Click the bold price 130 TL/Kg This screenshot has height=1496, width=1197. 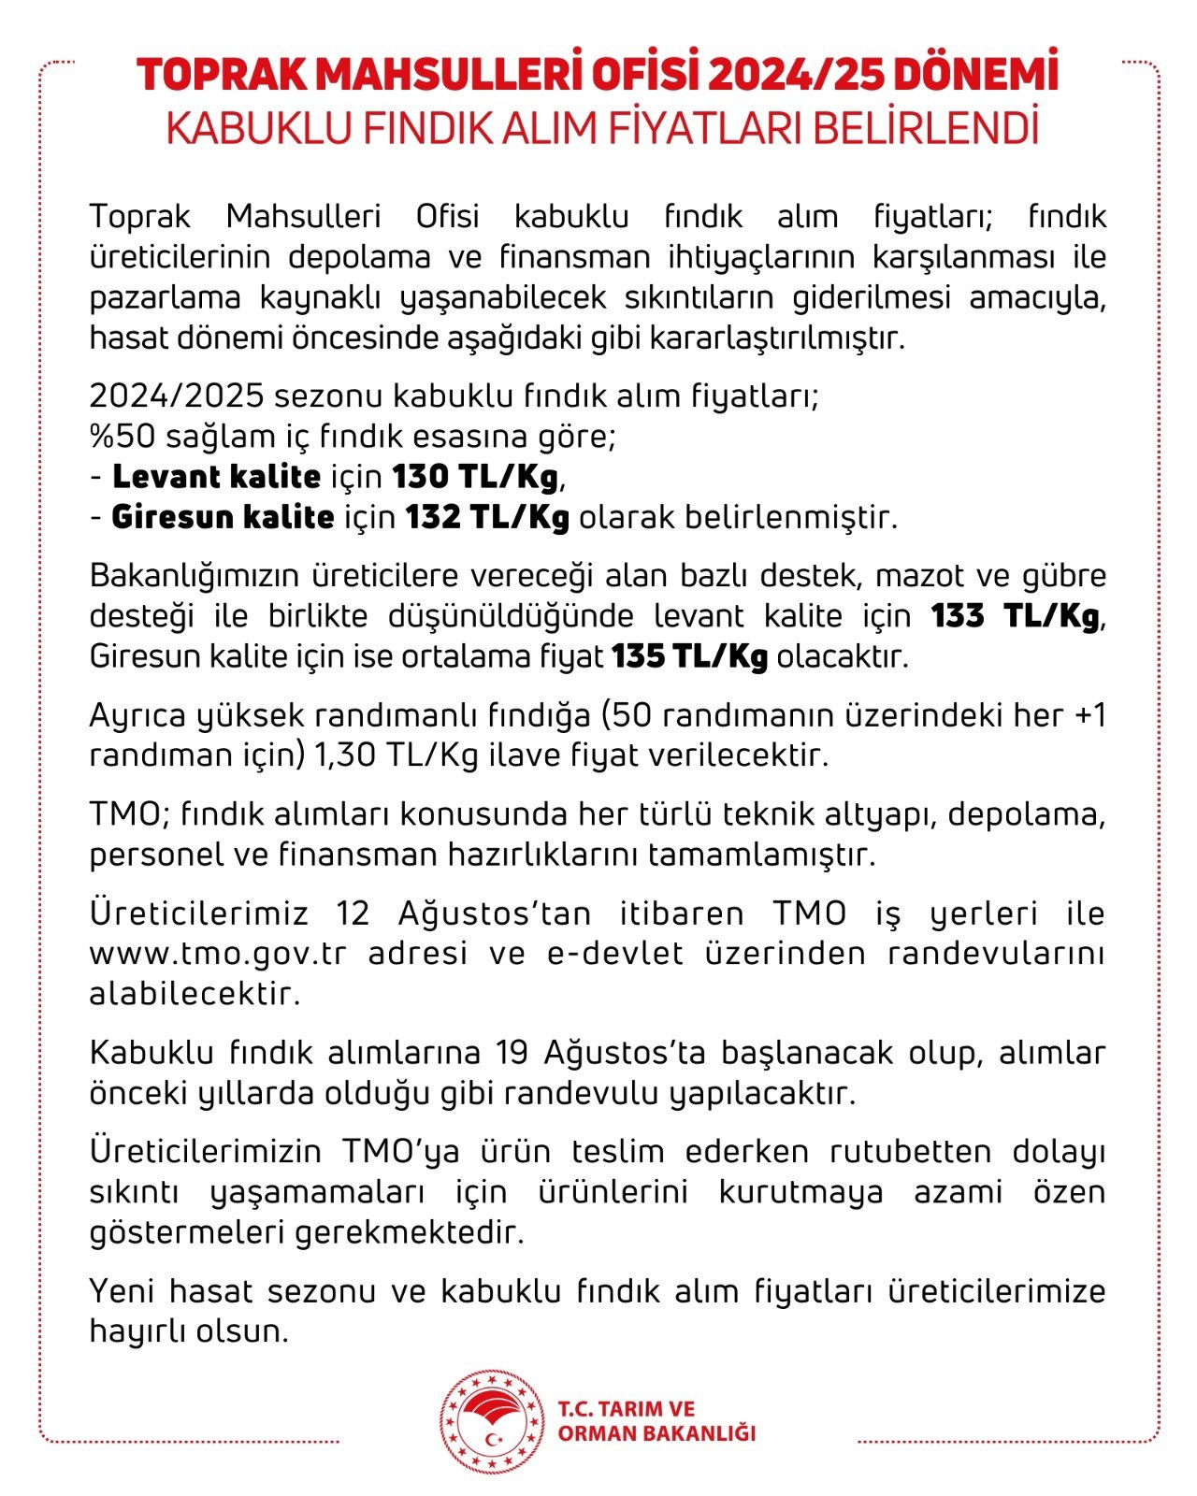pyautogui.click(x=475, y=478)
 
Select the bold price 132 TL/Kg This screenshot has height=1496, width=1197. pyautogui.click(x=487, y=518)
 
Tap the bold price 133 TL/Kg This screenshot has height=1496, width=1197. pyautogui.click(x=1015, y=617)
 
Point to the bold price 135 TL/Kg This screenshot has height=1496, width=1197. pyautogui.click(x=690, y=657)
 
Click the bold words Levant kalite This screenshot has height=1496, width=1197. pyautogui.click(x=216, y=478)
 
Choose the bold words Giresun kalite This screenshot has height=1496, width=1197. pyautogui.click(x=223, y=518)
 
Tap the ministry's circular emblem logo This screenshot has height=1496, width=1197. pyautogui.click(x=492, y=1422)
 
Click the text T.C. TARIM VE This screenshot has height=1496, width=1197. pyautogui.click(x=627, y=1409)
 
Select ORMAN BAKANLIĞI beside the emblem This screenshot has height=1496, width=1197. pyautogui.click(x=656, y=1433)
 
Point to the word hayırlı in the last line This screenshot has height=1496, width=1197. pyautogui.click(x=137, y=1331)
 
